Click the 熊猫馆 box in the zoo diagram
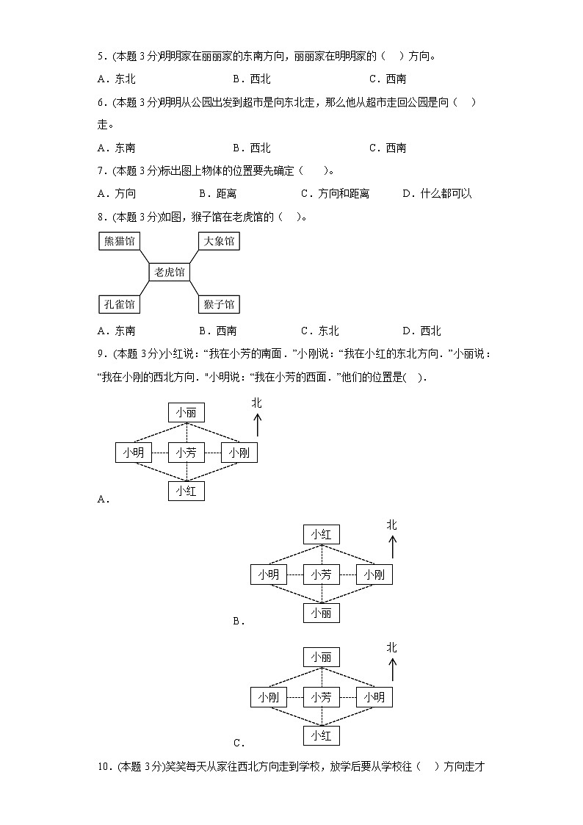[x=120, y=241]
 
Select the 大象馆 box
[x=219, y=241]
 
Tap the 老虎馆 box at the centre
[x=170, y=272]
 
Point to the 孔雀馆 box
[x=120, y=303]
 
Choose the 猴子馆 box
[x=219, y=303]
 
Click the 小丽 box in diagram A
[x=186, y=413]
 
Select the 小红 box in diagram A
[x=186, y=491]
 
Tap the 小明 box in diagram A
[x=133, y=453]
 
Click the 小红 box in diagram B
[x=322, y=534]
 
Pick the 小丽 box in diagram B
[x=322, y=613]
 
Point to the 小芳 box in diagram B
[x=322, y=574]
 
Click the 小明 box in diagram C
[x=374, y=696]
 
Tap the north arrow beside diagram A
[x=257, y=424]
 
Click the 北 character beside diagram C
[x=392, y=647]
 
